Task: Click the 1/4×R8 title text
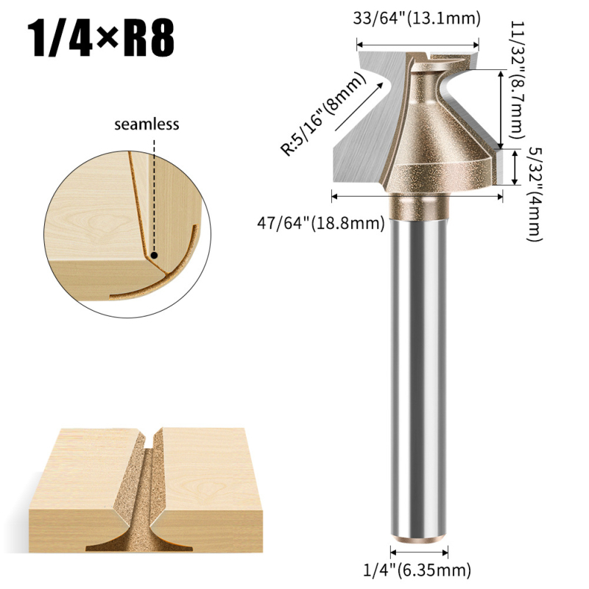click(x=101, y=38)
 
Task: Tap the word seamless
click(x=147, y=124)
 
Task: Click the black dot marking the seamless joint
click(x=154, y=255)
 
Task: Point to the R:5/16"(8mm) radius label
click(x=323, y=113)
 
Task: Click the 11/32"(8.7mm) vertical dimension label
click(x=517, y=80)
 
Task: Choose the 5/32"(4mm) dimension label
click(x=535, y=194)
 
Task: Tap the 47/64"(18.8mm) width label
click(x=321, y=224)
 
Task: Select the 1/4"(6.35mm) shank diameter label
click(x=417, y=569)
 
